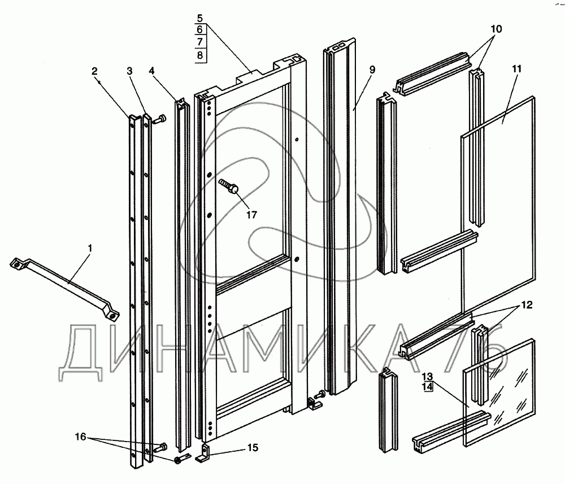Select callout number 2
94,71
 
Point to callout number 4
151,71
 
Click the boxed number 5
201,18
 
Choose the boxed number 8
201,55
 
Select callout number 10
496,28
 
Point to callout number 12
527,304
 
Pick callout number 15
252,448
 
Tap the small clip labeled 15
205,453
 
